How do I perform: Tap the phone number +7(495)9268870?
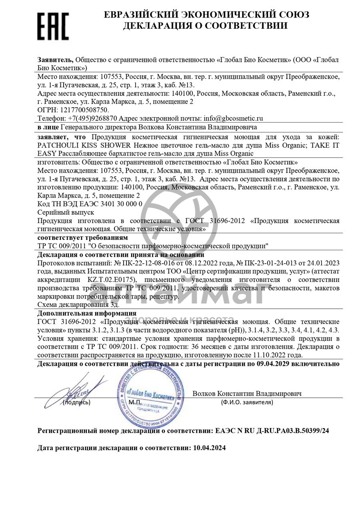(x=92, y=118)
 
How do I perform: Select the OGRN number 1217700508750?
(x=84, y=110)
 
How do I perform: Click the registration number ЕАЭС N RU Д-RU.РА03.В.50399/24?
(x=272, y=431)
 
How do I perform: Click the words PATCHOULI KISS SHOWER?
(x=84, y=145)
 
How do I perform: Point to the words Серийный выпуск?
(x=65, y=212)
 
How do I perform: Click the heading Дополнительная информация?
(x=87, y=313)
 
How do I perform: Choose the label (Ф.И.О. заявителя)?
(x=247, y=402)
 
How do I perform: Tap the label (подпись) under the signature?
(x=77, y=402)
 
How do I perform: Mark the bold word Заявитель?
(x=56, y=60)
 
